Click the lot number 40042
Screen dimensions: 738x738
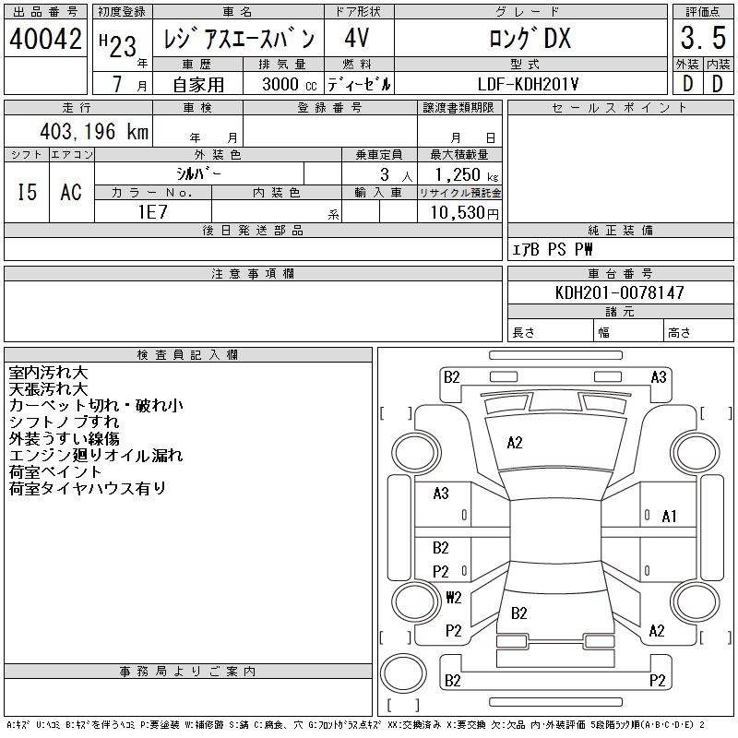click(x=45, y=39)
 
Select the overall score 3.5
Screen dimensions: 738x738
click(x=703, y=38)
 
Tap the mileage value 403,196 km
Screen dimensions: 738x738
click(x=94, y=131)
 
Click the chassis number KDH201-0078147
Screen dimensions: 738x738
click(x=619, y=292)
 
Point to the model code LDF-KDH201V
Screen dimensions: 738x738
click(x=528, y=84)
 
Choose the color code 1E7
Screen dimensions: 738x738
click(x=153, y=212)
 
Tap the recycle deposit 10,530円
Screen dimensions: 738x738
click(x=465, y=212)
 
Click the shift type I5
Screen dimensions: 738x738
click(x=27, y=192)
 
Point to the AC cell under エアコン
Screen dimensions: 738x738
click(x=71, y=192)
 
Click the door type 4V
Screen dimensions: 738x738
click(x=356, y=38)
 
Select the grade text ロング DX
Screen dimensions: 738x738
click(x=530, y=38)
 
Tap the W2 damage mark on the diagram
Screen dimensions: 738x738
click(x=454, y=597)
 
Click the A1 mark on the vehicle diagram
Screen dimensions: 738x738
click(x=669, y=517)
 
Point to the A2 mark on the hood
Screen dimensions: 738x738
click(x=515, y=443)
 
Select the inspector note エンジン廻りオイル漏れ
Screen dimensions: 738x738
click(x=96, y=455)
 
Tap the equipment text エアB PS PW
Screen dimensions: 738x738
click(x=552, y=249)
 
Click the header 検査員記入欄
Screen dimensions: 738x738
click(x=187, y=354)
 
